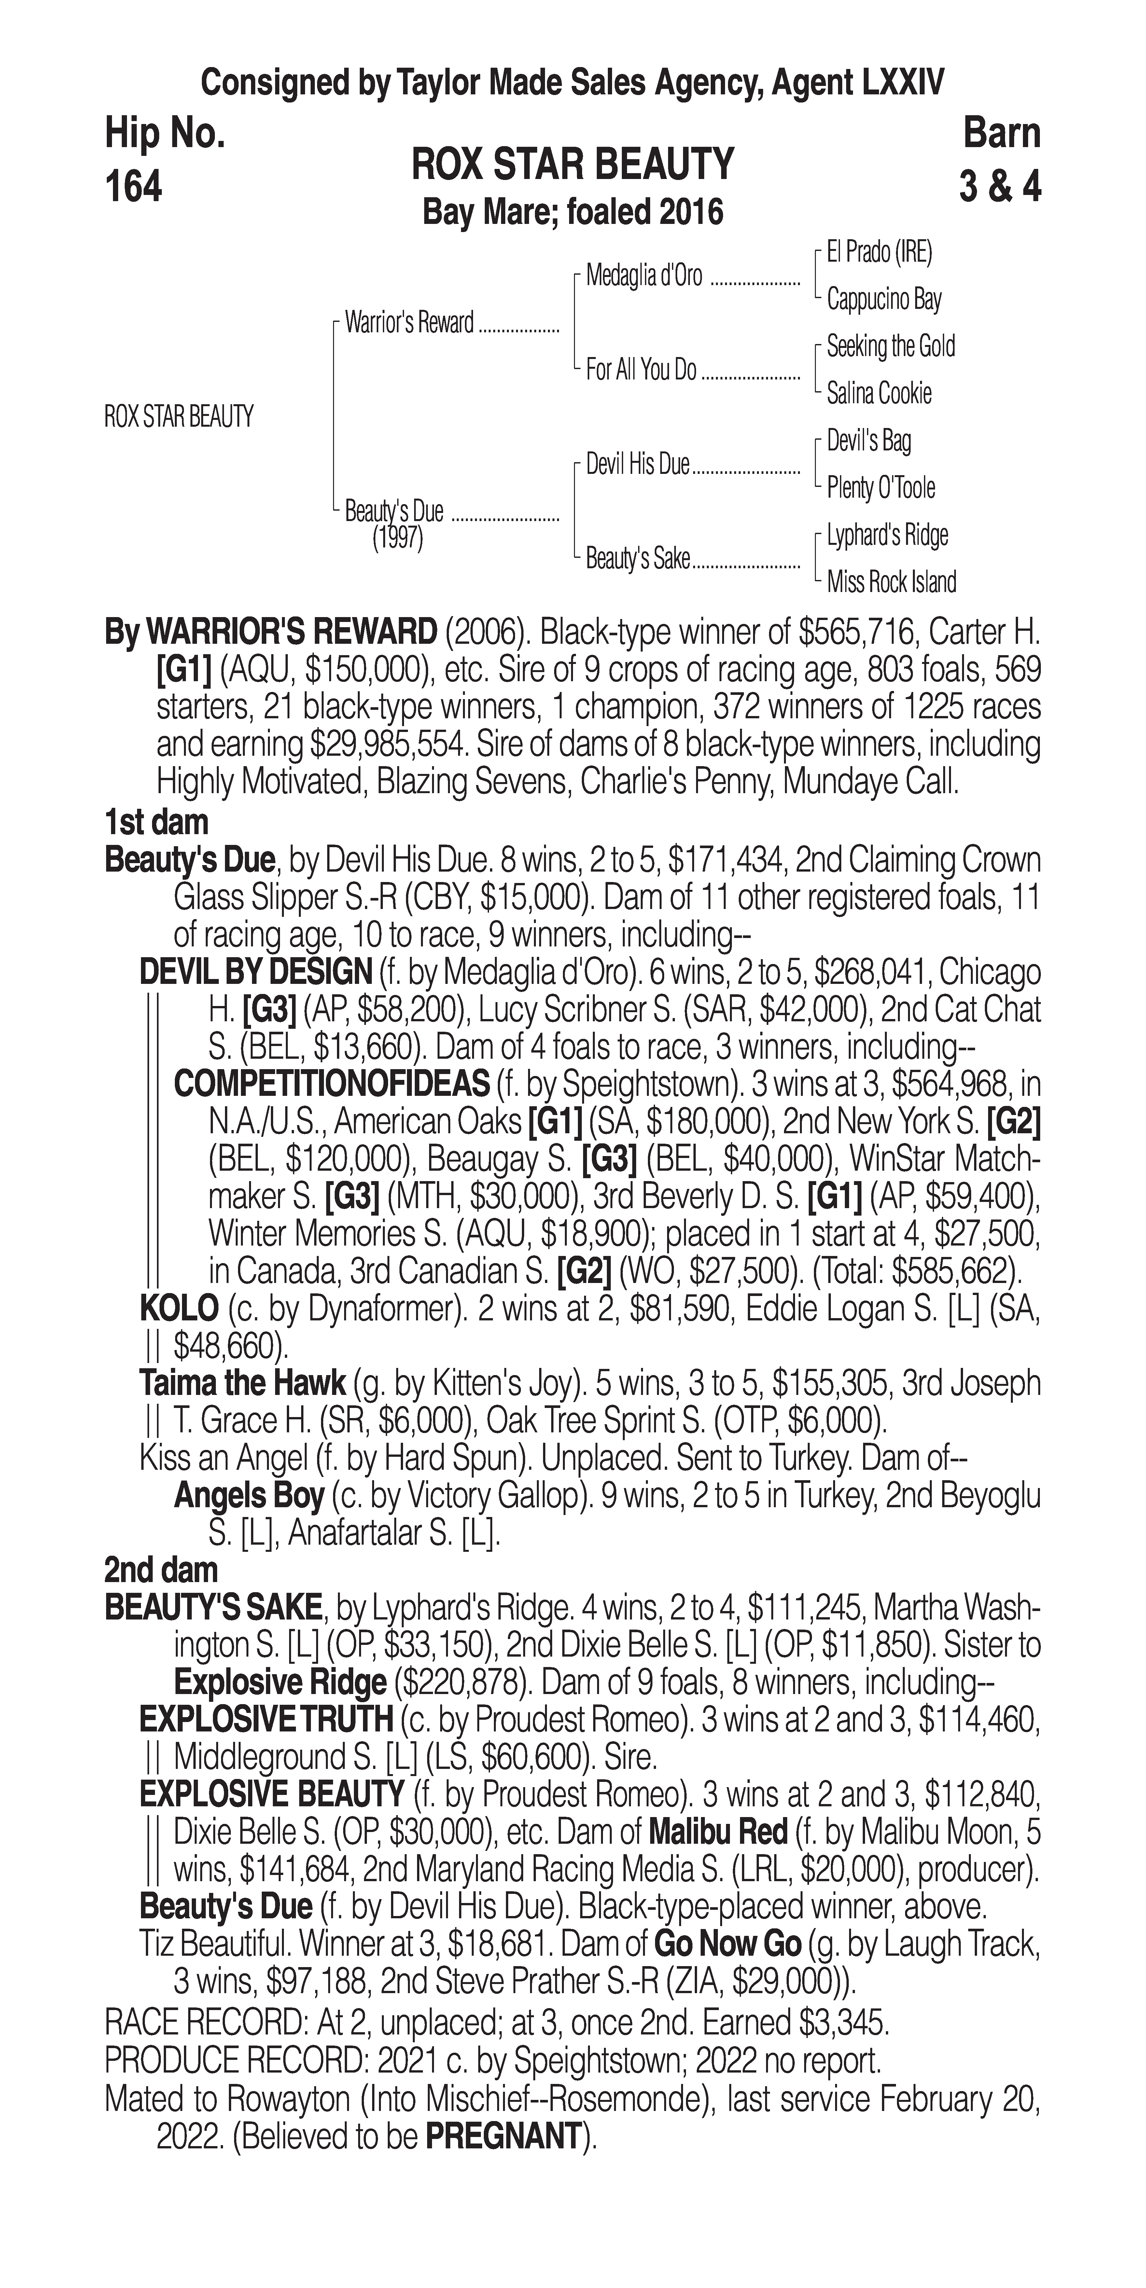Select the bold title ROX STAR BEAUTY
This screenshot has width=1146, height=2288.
coord(573,164)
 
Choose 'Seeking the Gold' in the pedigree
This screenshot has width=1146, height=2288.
coord(890,346)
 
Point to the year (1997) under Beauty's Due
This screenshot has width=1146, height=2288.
coord(397,538)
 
